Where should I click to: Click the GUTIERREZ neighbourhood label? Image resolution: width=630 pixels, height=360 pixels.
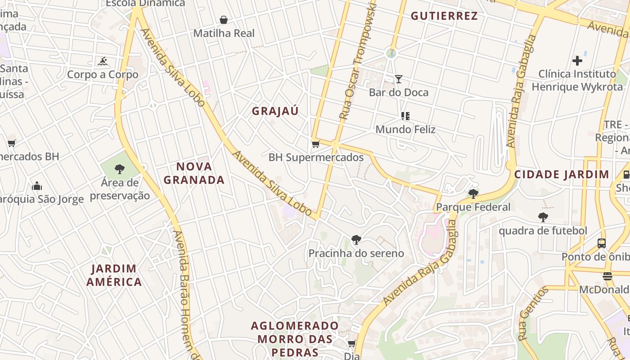point(444,16)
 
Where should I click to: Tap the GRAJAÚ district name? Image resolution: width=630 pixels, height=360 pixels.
point(275,111)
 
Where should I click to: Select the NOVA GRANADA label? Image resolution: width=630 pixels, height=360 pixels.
point(194,173)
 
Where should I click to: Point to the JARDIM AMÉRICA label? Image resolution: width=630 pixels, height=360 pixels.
point(114,275)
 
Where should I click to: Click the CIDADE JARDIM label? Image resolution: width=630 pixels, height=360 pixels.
point(562,175)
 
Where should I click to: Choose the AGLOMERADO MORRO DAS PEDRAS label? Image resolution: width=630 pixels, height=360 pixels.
point(295,338)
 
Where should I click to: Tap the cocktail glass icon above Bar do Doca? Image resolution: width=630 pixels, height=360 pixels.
point(398,79)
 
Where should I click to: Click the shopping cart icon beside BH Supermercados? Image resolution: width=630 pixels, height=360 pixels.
point(315,144)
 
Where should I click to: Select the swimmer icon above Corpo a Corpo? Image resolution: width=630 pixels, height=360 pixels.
point(103,61)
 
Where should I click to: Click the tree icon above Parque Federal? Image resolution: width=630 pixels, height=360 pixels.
point(473,194)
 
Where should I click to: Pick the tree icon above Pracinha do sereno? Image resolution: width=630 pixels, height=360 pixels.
point(356,240)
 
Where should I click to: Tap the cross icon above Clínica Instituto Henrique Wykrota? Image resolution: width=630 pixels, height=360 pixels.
point(577,60)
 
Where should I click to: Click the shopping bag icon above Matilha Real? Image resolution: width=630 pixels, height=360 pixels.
point(224,20)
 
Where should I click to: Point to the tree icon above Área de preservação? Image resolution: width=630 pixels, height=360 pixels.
point(119,169)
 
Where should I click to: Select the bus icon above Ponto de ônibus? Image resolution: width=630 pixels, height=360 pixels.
point(601,243)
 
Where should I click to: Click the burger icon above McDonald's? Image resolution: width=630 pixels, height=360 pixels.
point(607,276)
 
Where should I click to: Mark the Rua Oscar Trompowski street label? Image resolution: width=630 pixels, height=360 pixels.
point(358,61)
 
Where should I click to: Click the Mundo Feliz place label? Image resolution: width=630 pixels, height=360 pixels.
point(405,130)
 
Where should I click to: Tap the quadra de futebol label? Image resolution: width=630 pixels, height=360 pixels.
point(543,231)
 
